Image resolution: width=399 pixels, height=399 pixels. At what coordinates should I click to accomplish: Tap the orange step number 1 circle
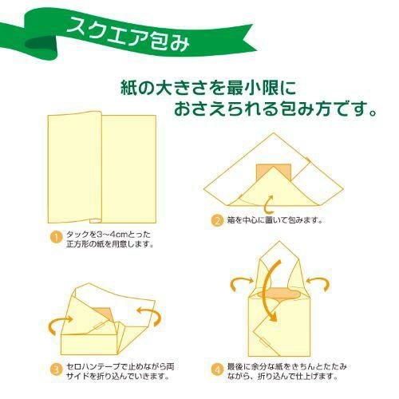[56, 238]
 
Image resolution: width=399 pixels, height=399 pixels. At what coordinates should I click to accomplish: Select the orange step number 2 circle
[217, 220]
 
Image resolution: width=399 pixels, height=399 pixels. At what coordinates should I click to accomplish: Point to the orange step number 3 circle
[56, 370]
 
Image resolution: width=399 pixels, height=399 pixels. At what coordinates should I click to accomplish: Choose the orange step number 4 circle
[217, 370]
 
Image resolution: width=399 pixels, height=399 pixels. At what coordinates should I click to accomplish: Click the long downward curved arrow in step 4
[270, 290]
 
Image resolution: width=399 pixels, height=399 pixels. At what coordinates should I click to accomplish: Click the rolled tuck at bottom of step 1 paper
[95, 221]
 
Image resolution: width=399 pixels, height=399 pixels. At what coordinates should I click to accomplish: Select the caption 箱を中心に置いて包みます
[275, 220]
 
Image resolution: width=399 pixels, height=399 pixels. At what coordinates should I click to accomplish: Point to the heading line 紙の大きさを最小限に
[208, 89]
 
